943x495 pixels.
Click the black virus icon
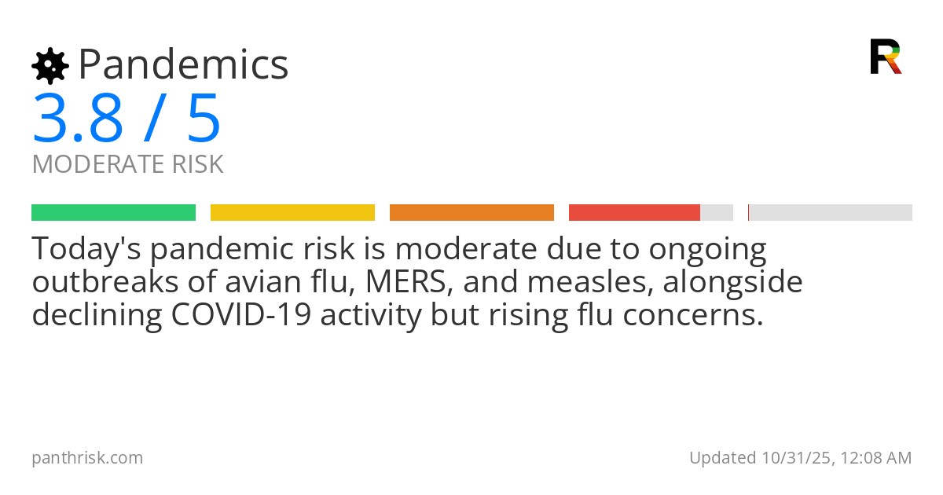50,66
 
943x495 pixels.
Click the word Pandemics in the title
184,64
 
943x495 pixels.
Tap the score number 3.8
78,119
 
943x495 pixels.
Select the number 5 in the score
204,119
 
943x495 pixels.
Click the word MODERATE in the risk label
98,165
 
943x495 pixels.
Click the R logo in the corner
886,57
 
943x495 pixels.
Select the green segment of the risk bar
113,213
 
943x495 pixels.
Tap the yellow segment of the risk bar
292,213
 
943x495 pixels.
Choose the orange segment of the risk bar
472,213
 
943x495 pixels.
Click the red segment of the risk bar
634,213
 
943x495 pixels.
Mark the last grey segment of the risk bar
831,213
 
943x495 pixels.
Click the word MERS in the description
401,282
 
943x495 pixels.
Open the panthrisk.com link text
87,457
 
